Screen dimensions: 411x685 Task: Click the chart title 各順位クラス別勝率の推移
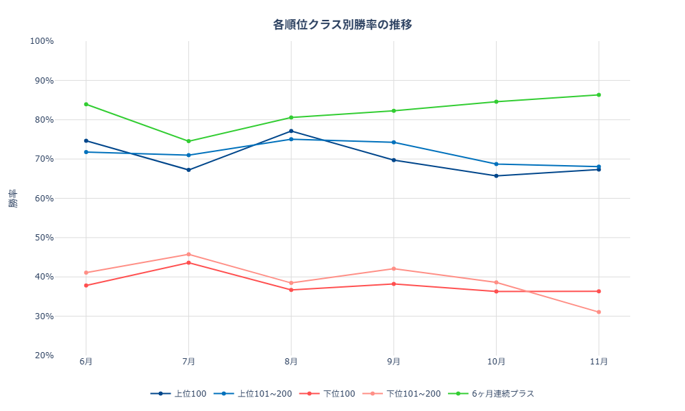coord(342,25)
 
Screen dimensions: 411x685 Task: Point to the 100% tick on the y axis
coord(42,41)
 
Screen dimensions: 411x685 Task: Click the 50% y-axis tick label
coord(44,238)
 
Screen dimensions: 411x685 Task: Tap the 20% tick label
coord(44,356)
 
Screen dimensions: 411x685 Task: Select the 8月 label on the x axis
coord(291,362)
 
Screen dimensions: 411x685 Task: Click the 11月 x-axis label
coord(599,362)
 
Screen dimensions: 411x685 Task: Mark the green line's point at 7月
coord(188,141)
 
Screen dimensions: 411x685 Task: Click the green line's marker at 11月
coord(599,95)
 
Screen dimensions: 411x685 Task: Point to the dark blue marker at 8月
coord(291,131)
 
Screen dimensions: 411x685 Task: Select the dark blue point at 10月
coord(496,176)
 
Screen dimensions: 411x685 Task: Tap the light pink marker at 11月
coord(599,312)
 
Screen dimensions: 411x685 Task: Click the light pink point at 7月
coord(188,254)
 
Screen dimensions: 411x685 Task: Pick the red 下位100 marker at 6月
coord(86,286)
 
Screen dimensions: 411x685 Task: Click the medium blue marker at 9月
coord(393,142)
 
